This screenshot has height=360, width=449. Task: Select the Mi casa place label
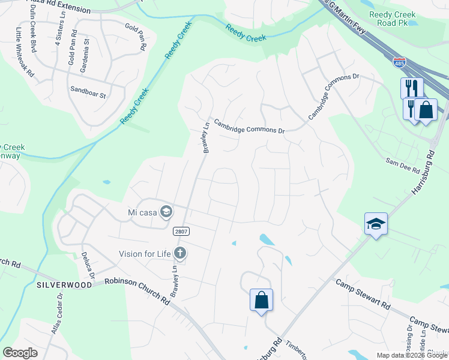click(x=142, y=212)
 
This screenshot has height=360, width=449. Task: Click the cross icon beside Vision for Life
click(x=179, y=253)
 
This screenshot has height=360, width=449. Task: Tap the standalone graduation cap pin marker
click(x=376, y=224)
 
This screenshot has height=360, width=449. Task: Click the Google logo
click(x=20, y=353)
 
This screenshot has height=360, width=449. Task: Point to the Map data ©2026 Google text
click(x=411, y=355)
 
